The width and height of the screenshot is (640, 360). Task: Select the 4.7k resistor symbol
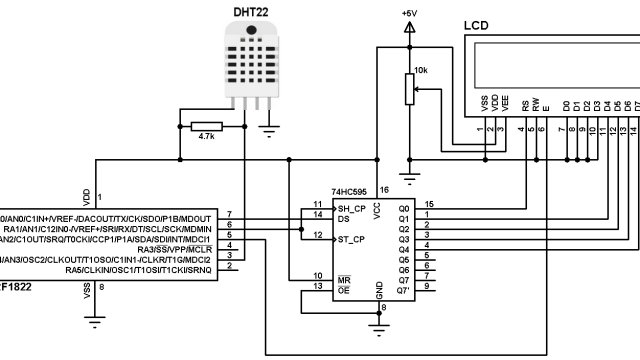coord(208,126)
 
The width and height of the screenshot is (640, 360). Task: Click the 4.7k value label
coord(208,138)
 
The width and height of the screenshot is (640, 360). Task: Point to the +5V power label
coord(408,12)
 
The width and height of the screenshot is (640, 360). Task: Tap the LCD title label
coord(477,24)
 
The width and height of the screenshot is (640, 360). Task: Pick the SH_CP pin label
coord(352,207)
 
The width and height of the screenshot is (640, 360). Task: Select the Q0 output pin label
coord(404,207)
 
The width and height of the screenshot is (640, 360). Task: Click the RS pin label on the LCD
coord(523,103)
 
